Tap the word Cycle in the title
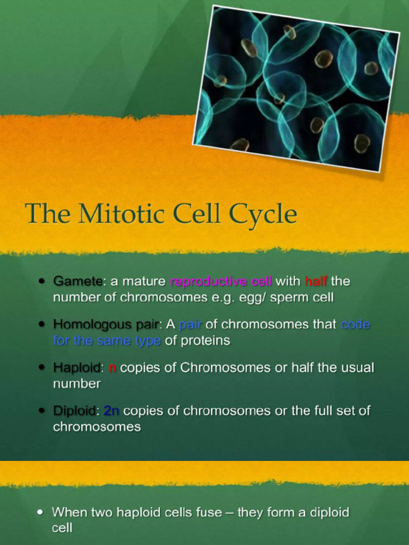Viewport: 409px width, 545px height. [x=263, y=214]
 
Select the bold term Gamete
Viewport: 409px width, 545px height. [x=78, y=281]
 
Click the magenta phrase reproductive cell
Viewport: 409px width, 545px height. [x=220, y=281]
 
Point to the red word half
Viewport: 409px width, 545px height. [x=316, y=281]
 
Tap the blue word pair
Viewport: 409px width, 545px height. [x=190, y=324]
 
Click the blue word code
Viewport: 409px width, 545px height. [x=355, y=324]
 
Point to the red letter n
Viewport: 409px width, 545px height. [x=112, y=368]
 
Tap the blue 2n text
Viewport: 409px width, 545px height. [x=111, y=411]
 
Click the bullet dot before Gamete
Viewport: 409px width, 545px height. [x=42, y=281]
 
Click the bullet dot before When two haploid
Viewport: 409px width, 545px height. [x=40, y=512]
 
